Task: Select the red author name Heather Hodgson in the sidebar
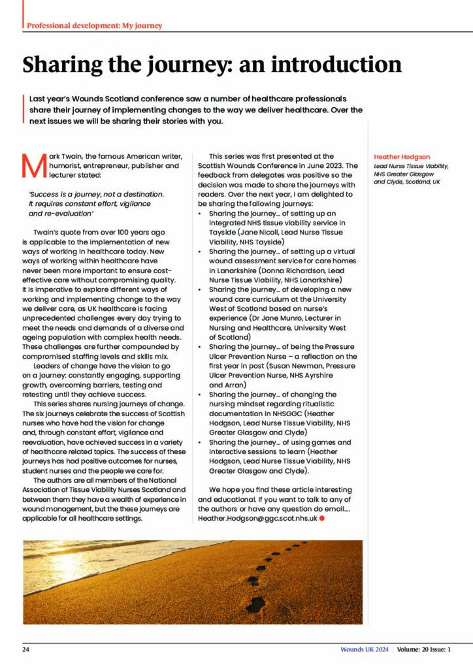(x=402, y=157)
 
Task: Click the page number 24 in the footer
(x=25, y=649)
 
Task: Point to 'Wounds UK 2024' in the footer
(x=365, y=649)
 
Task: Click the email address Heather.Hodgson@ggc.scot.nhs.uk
(x=257, y=517)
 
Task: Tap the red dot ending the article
(x=323, y=517)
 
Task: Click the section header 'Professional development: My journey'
(x=94, y=25)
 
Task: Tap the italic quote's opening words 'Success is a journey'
(x=66, y=194)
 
